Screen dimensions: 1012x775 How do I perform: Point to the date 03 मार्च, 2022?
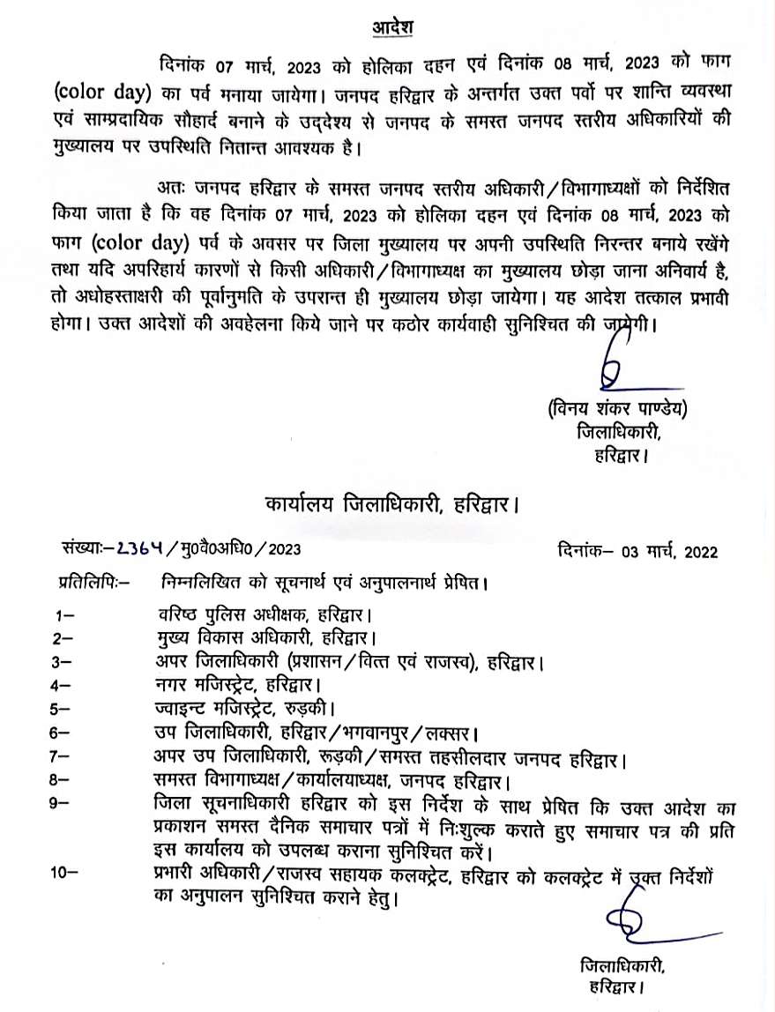(x=667, y=552)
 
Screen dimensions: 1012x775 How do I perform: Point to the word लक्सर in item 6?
(x=451, y=733)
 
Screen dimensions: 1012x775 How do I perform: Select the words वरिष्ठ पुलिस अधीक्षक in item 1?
(x=219, y=614)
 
